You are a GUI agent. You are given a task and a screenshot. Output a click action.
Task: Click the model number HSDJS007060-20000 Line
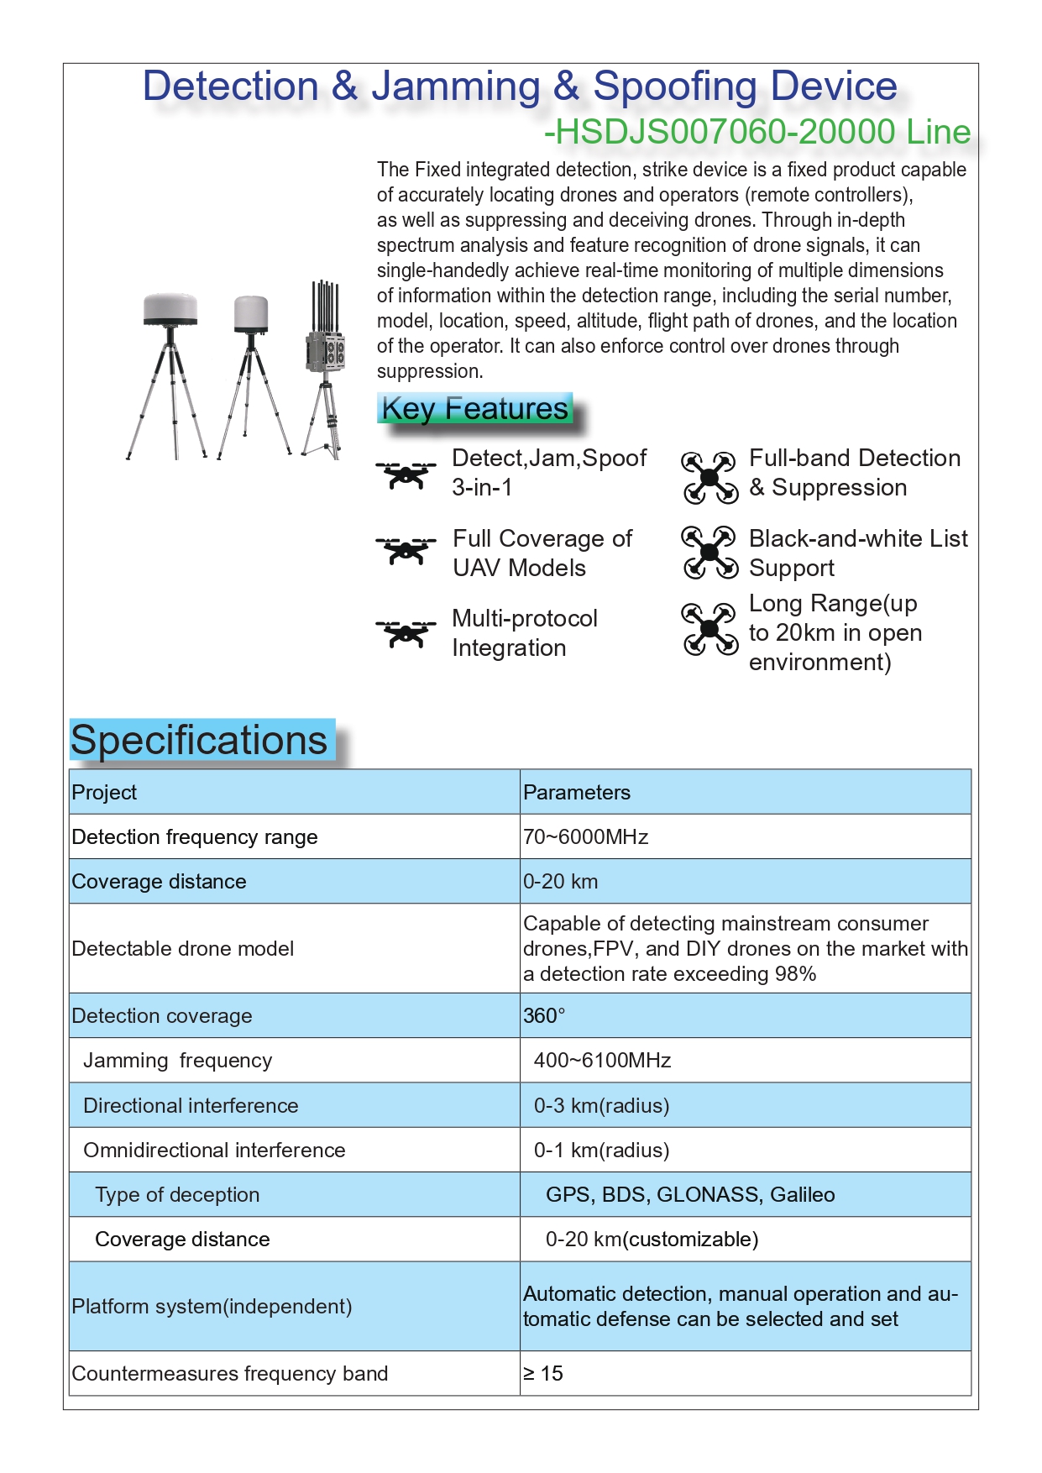757,132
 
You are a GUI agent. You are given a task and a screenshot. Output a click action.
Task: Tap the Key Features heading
475,408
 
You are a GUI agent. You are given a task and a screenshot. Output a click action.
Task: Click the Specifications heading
199,740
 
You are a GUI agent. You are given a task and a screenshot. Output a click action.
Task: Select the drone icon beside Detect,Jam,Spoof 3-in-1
406,474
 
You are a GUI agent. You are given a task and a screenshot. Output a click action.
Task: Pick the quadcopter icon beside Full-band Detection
710,477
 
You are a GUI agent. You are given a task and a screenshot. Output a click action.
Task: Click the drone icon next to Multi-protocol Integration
406,633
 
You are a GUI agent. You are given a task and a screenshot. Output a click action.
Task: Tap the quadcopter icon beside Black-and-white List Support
710,553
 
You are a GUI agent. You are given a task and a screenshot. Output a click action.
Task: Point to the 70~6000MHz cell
585,836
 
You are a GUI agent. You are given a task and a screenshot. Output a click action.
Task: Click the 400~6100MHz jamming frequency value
602,1060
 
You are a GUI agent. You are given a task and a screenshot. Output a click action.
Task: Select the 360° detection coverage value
544,1015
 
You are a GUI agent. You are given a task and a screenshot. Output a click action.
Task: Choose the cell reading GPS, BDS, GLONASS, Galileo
690,1194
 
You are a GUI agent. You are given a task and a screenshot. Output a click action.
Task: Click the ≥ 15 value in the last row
543,1373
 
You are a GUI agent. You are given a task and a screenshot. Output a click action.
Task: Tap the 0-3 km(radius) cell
601,1105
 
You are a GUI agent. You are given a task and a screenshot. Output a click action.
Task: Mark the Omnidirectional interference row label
214,1150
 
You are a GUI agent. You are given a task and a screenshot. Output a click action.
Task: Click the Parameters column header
576,792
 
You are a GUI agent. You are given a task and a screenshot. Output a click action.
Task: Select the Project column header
104,792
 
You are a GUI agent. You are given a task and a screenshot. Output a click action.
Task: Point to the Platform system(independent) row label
212,1306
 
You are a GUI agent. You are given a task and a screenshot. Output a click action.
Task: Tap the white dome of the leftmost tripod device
170,307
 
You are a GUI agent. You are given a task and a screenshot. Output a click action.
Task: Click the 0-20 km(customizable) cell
652,1239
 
